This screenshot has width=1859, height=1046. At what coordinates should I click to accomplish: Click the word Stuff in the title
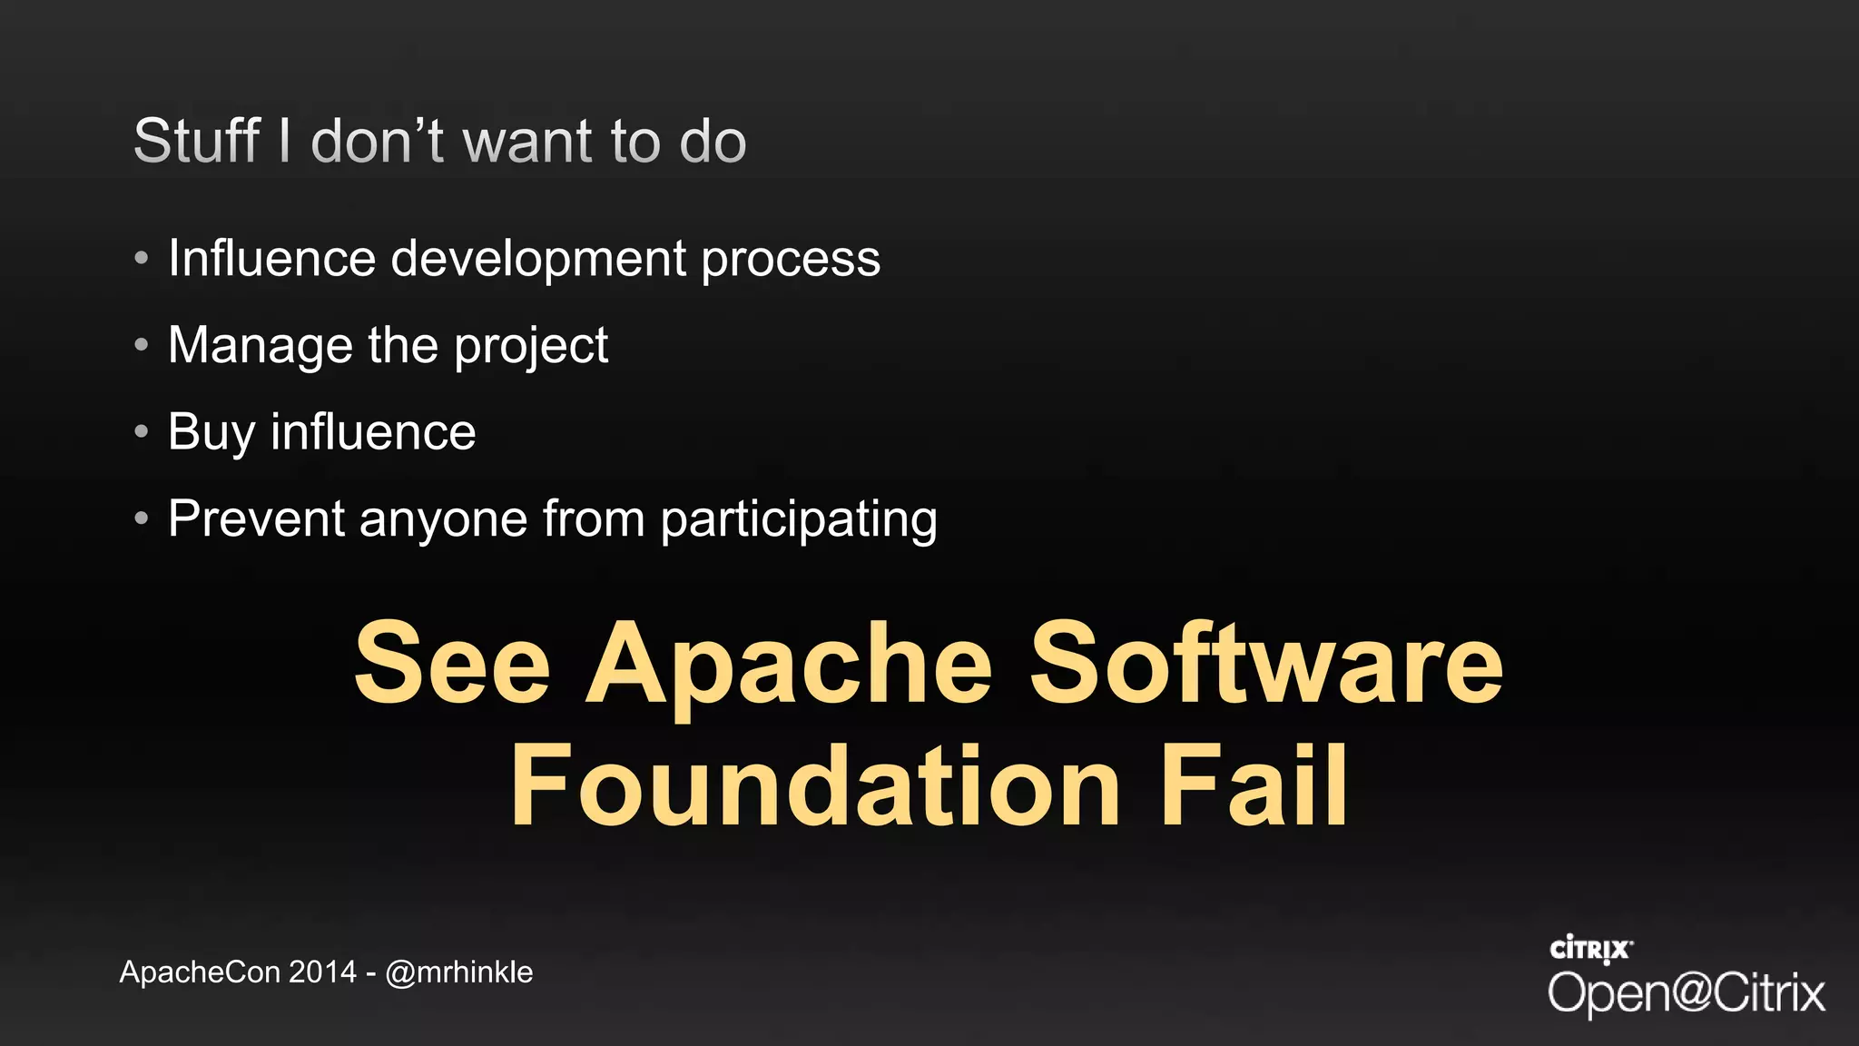pyautogui.click(x=197, y=142)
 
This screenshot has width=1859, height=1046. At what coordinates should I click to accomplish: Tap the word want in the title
pyautogui.click(x=528, y=142)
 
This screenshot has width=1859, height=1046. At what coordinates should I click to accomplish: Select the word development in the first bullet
pyautogui.click(x=538, y=259)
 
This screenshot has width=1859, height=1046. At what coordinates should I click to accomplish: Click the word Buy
pyautogui.click(x=211, y=432)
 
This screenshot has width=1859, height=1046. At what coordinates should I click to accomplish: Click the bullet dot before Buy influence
pyautogui.click(x=141, y=431)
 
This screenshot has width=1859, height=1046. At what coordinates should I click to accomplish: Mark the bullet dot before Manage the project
pyautogui.click(x=141, y=345)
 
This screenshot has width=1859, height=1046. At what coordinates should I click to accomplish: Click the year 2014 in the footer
pyautogui.click(x=322, y=972)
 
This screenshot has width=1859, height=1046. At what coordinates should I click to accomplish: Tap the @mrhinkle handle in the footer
pyautogui.click(x=458, y=972)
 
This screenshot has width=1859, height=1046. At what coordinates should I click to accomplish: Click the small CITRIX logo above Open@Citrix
pyautogui.click(x=1591, y=950)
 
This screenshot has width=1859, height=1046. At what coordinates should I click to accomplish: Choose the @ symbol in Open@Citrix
pyautogui.click(x=1688, y=992)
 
